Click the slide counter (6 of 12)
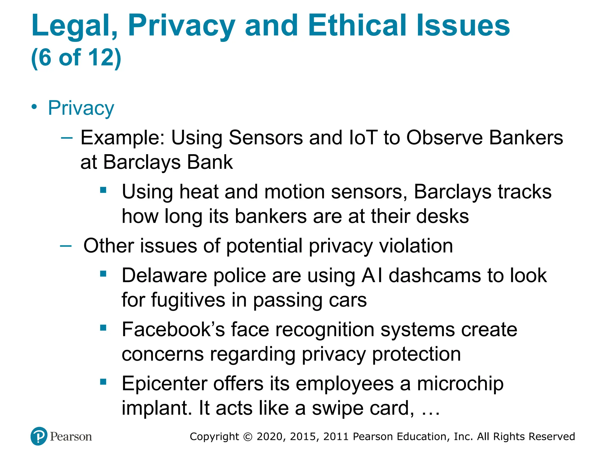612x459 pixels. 76,57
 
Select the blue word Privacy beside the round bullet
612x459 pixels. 81,108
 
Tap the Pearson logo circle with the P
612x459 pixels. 39,436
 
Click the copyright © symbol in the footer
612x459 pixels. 248,437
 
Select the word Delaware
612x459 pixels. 164,275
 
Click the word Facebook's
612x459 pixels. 173,330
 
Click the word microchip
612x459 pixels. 460,384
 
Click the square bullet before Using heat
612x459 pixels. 103,190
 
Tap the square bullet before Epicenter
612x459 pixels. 103,382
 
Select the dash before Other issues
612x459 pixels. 66,246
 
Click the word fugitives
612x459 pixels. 188,300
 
